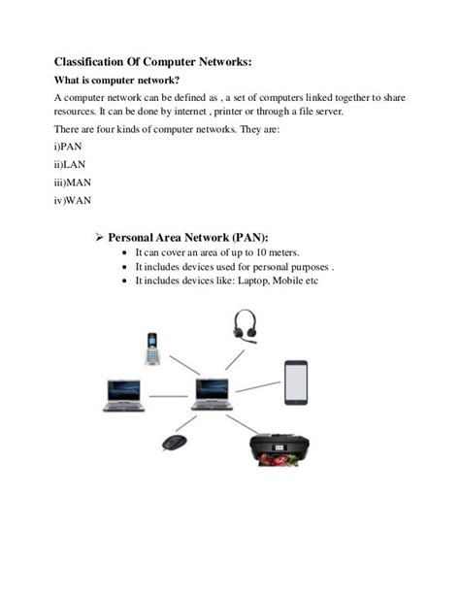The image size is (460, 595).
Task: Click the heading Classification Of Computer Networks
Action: tap(152, 61)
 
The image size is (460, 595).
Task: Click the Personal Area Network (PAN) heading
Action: tap(188, 237)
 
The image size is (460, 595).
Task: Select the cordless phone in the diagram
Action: tap(151, 348)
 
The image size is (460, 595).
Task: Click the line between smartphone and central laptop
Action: tap(257, 385)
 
